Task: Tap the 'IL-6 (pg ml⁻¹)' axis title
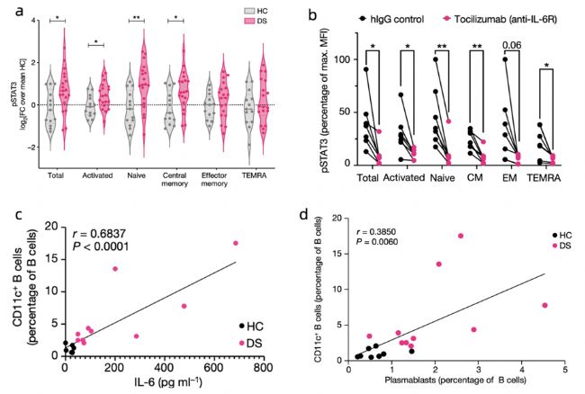pos(162,383)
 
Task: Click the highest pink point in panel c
pos(237,243)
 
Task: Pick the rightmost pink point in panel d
pos(544,305)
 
